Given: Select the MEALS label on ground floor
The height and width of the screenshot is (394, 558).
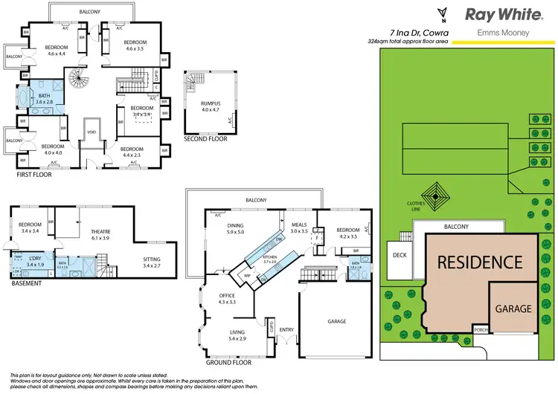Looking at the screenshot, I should (x=298, y=227).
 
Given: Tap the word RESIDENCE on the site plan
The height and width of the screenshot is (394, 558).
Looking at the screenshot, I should (x=479, y=262).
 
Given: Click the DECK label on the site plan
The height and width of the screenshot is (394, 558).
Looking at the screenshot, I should (x=399, y=254).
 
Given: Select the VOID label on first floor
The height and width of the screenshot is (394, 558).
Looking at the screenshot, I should (x=91, y=133).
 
